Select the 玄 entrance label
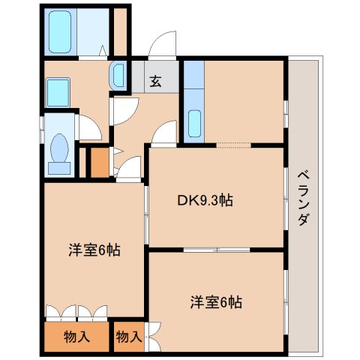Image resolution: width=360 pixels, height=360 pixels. (x=155, y=81)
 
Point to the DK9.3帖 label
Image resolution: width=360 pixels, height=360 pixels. (x=204, y=200)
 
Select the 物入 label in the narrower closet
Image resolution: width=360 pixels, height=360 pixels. (x=128, y=337)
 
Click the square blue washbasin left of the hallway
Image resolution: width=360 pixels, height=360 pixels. (x=58, y=92)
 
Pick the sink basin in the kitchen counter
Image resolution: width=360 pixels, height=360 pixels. (x=193, y=121)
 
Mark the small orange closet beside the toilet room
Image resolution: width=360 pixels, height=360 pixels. (x=98, y=163)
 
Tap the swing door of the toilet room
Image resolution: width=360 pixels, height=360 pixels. (x=90, y=127)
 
